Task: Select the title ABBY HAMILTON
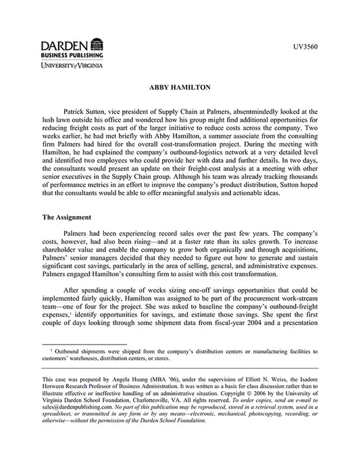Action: pos(180,88)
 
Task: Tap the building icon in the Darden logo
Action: pos(97,45)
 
